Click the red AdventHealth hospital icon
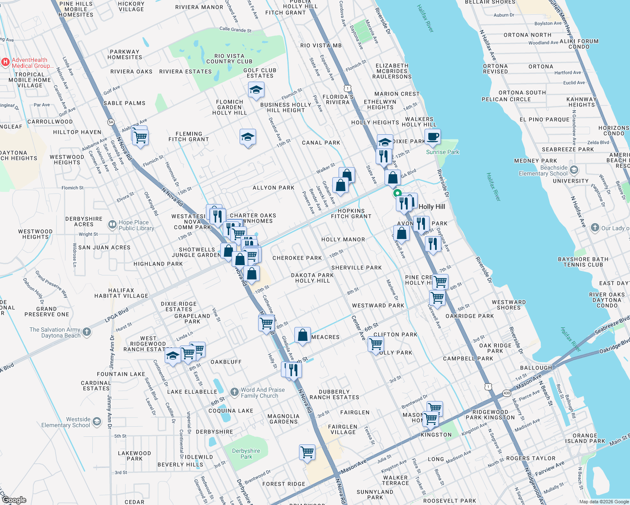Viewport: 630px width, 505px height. (5, 63)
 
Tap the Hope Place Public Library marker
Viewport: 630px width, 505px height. (112, 225)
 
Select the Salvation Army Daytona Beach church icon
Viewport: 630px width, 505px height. (87, 332)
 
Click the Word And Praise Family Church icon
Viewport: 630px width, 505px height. (235, 392)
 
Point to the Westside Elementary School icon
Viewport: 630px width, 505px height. (97, 422)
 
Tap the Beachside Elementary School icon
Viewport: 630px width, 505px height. (574, 170)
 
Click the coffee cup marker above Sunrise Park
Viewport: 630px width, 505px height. (432, 137)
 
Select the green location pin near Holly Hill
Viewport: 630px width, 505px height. (397, 194)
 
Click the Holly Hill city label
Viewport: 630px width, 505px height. (432, 207)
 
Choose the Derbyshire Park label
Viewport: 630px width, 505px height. (246, 454)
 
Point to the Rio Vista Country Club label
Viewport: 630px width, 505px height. (229, 58)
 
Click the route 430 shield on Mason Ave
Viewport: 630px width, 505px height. (507, 393)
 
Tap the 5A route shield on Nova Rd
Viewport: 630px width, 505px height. (111, 122)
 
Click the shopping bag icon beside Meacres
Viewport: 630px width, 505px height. (302, 335)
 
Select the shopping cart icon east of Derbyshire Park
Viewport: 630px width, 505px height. (307, 452)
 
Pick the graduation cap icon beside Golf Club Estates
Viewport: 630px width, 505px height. (256, 90)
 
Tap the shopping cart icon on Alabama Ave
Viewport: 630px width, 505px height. (140, 137)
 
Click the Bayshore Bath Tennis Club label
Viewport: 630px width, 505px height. (583, 262)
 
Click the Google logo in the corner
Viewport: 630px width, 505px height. (14, 500)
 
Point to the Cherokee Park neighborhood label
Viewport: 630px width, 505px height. (297, 258)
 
